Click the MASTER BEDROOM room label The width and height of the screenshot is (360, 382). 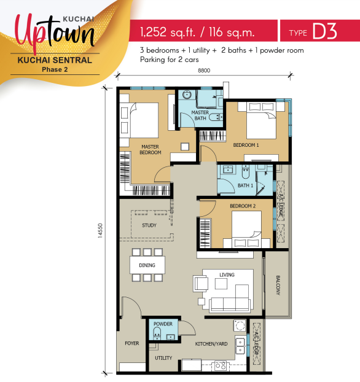tap(150, 150)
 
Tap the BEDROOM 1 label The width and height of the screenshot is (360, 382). tap(246, 145)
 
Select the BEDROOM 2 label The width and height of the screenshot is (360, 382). tap(243, 206)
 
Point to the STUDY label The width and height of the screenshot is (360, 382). tap(149, 225)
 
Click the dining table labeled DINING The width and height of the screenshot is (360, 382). tap(147, 265)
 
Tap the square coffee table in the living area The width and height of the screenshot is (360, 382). tap(221, 284)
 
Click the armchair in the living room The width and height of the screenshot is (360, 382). tap(201, 283)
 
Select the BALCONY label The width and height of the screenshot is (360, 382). tap(278, 286)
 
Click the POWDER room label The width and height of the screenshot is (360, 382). tap(163, 324)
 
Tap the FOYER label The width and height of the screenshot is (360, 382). tap(132, 343)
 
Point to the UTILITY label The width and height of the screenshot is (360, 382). tap(163, 358)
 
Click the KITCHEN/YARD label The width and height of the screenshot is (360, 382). tap(211, 344)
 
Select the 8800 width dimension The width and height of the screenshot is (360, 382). tap(204, 71)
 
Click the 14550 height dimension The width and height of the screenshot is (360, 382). tap(100, 230)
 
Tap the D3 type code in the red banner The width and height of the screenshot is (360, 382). tap(324, 31)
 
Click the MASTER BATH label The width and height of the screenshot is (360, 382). tap(200, 115)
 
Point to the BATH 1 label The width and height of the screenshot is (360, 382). tap(246, 185)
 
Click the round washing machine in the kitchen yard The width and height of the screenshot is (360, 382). tap(240, 325)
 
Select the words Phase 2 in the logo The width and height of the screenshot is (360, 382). tap(55, 69)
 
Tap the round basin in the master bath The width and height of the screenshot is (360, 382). tap(187, 95)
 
